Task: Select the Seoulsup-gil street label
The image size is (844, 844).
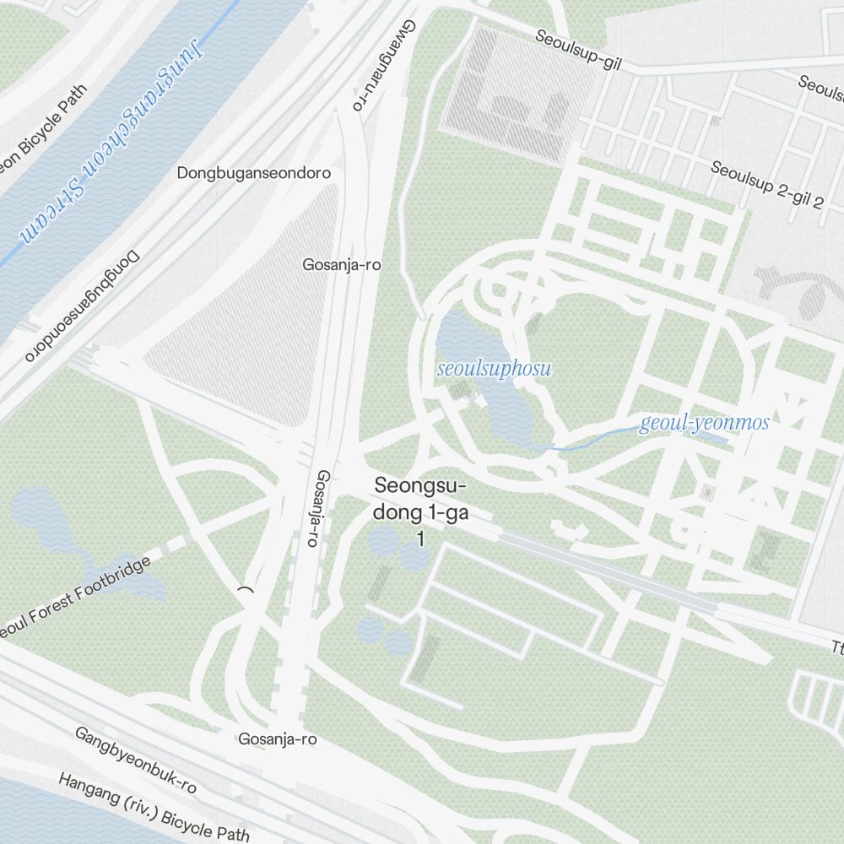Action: coord(578,49)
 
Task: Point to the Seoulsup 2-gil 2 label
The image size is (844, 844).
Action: coord(766,183)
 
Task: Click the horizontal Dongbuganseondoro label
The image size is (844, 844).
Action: coord(253,173)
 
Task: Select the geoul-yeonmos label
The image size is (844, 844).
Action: coord(704,422)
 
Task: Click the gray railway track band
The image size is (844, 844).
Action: coord(608,571)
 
